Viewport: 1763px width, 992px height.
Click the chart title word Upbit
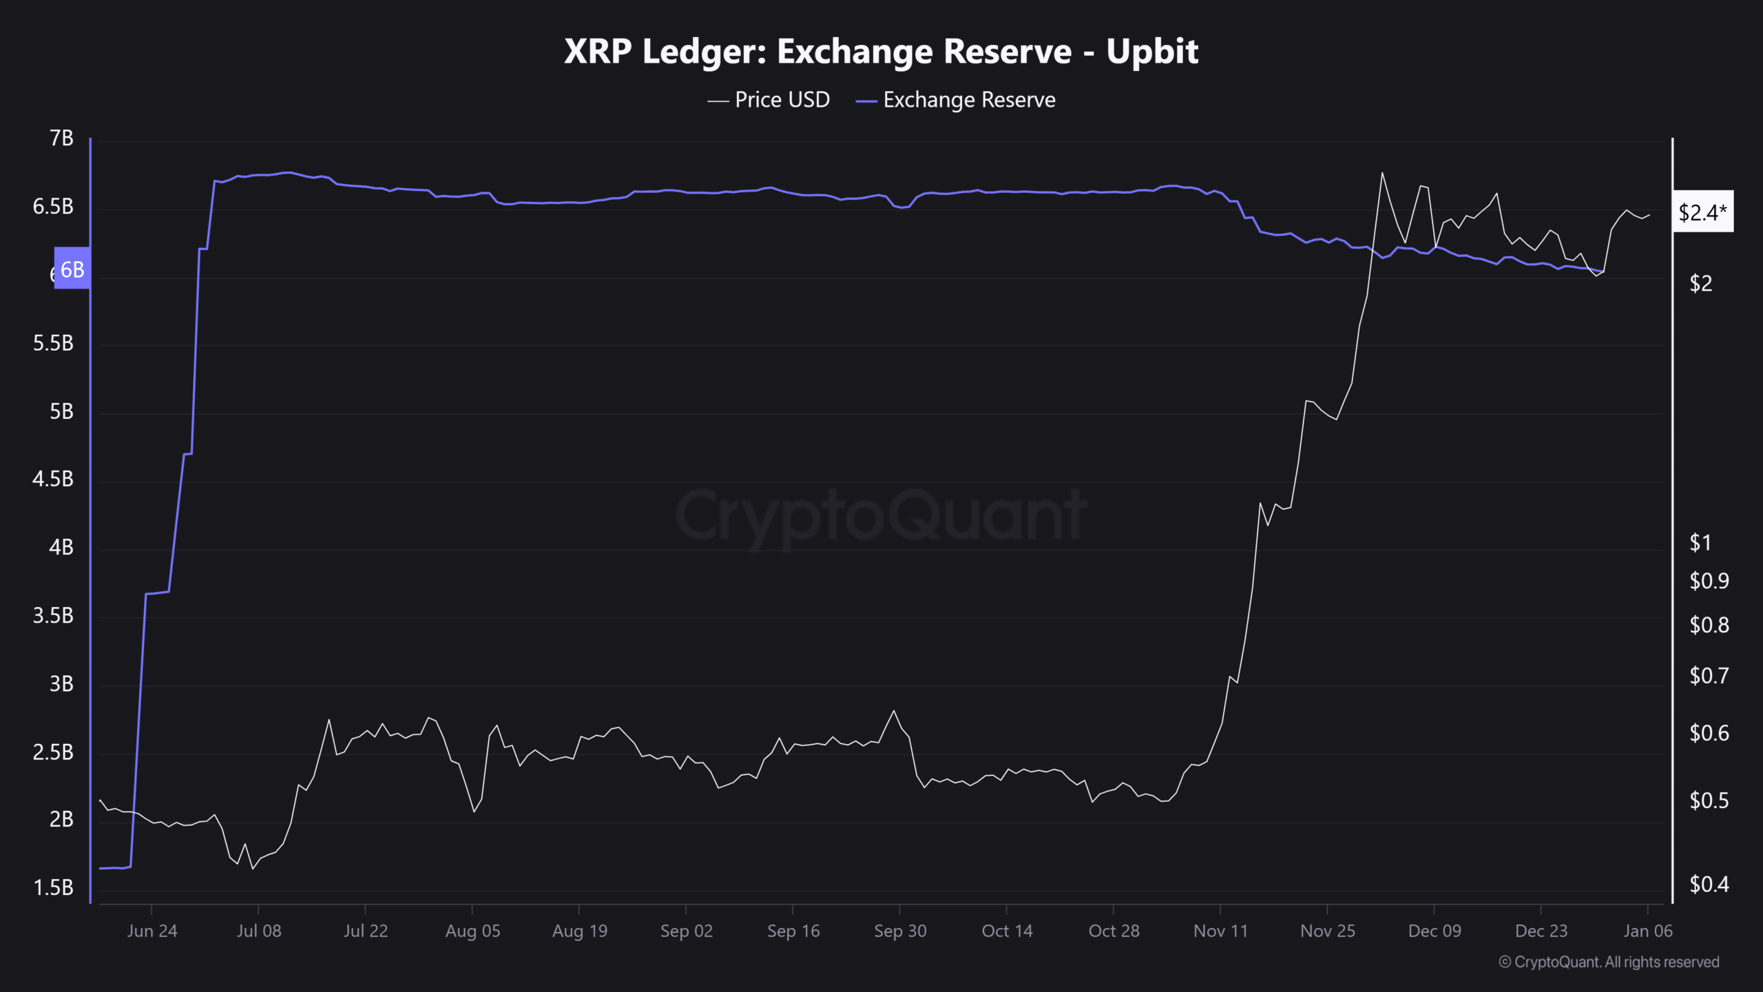1152,52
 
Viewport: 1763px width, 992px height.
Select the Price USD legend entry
769,100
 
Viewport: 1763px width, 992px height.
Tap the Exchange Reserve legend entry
956,100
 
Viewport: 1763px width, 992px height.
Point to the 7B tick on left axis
61,138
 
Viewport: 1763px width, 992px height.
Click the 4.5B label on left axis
53,479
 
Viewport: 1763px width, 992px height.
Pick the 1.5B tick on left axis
53,887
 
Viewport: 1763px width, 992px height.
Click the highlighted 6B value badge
72,269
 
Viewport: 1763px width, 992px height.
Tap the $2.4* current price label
1702,212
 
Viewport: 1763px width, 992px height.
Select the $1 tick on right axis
1700,543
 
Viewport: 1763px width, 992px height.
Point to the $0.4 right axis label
1709,884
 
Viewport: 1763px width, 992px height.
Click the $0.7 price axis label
1709,676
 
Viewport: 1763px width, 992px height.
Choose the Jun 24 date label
152,931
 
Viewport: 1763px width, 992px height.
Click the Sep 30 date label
900,931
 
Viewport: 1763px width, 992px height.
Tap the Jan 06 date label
1647,931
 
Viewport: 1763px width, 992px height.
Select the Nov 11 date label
1220,931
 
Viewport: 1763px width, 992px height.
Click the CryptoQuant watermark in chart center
881,515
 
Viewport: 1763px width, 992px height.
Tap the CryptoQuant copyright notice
1609,962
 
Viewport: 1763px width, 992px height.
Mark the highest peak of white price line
1382,173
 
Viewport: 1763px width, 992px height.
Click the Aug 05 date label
472,931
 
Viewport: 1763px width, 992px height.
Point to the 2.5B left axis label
53,752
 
